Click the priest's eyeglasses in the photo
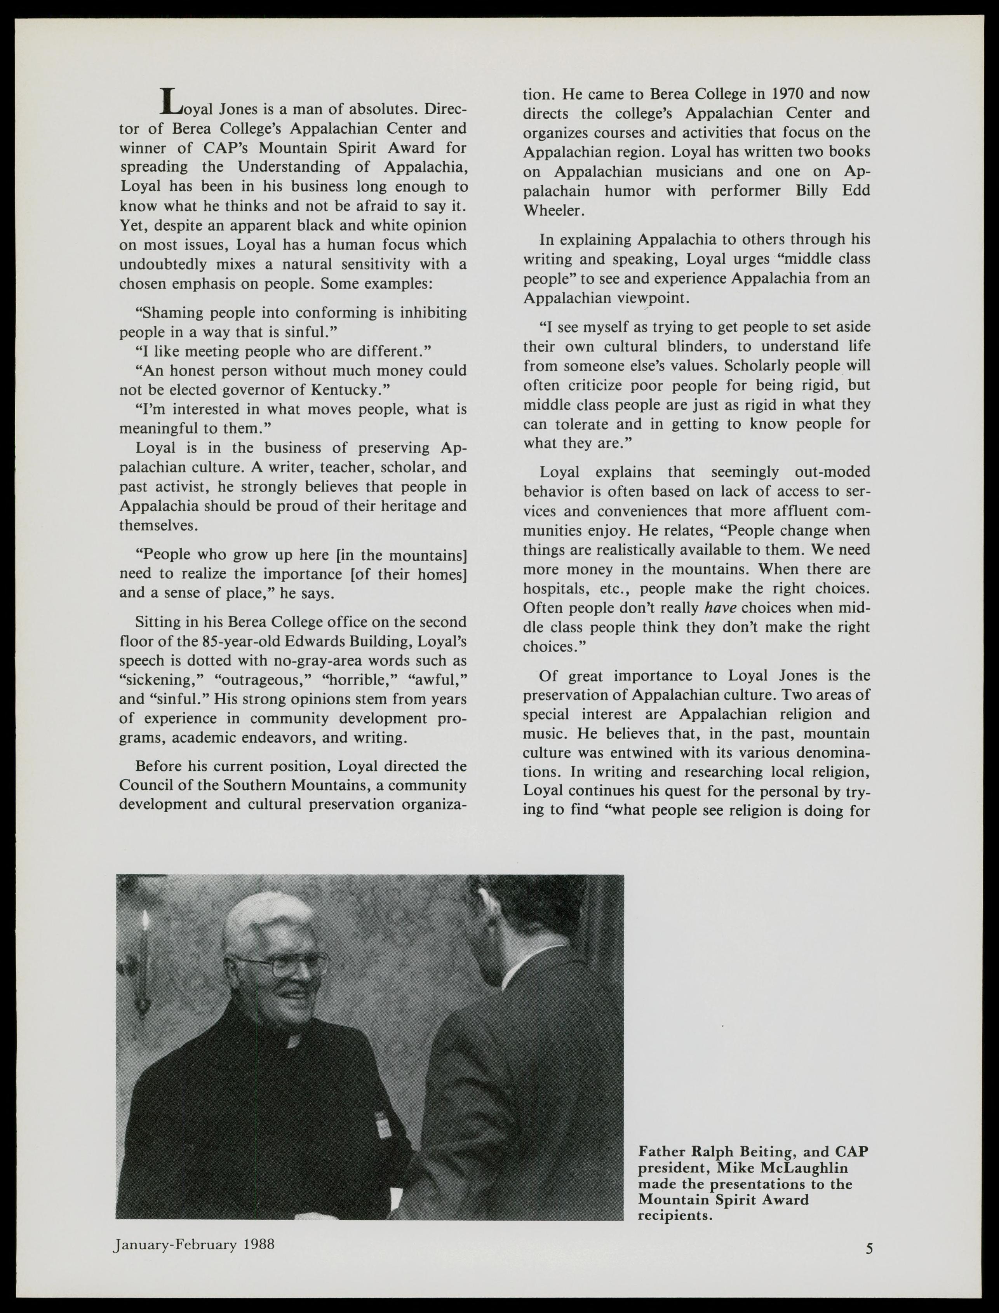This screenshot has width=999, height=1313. (285, 965)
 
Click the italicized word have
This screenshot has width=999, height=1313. (719, 608)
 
